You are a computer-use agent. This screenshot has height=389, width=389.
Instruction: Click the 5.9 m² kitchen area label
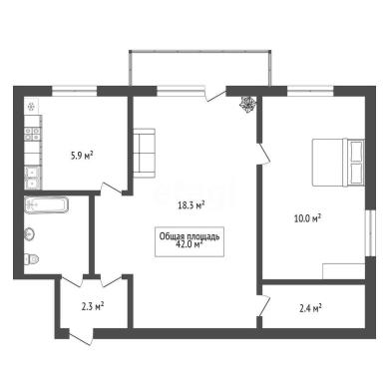coord(82,156)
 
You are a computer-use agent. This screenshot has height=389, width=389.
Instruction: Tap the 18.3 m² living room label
coord(192,205)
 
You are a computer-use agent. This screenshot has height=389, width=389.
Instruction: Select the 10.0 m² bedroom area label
coord(307,218)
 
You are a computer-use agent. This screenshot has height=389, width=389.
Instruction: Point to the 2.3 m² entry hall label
coord(93,306)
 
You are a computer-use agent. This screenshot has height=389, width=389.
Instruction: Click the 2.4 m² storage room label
coord(310,308)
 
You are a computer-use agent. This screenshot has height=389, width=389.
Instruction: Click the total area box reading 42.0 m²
coord(190,241)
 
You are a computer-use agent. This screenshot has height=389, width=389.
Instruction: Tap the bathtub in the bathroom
coord(47,204)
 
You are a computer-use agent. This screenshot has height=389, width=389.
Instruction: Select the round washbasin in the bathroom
coord(29,234)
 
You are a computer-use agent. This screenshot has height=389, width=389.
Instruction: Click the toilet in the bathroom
coord(31,259)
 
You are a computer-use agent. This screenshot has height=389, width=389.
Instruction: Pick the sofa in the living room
coord(144,153)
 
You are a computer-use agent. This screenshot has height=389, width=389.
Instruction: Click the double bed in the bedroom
coord(338,162)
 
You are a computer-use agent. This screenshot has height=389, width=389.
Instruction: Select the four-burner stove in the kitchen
coord(32,134)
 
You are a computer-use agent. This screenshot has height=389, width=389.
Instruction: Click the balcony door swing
coord(215,94)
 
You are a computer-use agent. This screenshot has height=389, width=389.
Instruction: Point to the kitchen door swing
coord(112,188)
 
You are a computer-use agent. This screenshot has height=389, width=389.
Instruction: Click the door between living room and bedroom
coord(264,154)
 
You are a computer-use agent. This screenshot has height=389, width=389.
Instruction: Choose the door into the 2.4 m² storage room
coord(264,306)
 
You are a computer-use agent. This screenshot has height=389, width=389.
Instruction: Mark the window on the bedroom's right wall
coord(370,233)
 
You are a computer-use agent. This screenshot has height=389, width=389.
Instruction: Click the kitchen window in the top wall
coord(75,91)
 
